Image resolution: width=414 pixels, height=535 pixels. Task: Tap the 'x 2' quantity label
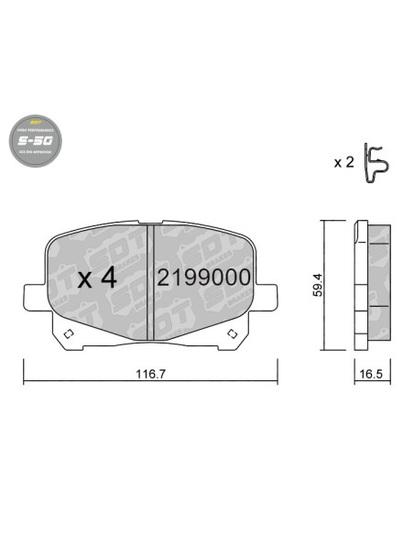coord(343,162)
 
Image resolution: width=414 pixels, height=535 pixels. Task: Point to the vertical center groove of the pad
coord(149,279)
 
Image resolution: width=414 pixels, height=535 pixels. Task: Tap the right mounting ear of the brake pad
coord(268,298)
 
